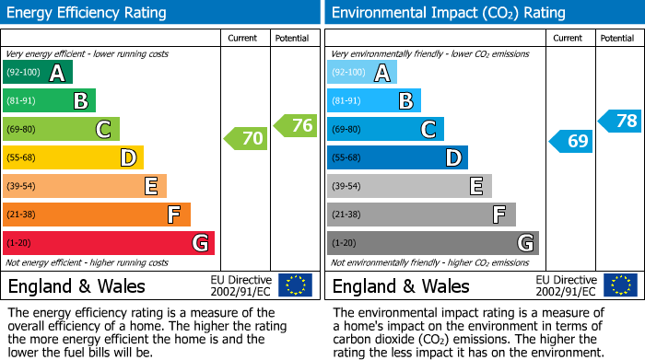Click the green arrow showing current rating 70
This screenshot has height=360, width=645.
point(246,139)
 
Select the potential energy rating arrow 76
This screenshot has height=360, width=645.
point(296,126)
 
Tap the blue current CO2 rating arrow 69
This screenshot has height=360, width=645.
point(571,141)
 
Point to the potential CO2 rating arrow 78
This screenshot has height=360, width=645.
point(620,121)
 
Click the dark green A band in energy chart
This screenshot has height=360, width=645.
point(38,73)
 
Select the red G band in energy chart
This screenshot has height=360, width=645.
point(109,243)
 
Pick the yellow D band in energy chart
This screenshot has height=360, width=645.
point(73,158)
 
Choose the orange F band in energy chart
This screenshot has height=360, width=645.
point(97,215)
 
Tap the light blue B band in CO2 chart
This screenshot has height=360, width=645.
point(374,101)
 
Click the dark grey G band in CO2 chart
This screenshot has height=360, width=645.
point(433,243)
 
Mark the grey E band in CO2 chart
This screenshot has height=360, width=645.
point(409,186)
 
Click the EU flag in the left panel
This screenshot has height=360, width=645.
point(295,285)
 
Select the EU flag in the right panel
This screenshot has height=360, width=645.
point(619,285)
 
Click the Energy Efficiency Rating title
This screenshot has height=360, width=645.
point(88,13)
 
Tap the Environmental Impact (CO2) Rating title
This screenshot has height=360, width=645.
point(448,13)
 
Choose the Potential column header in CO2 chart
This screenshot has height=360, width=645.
point(617,38)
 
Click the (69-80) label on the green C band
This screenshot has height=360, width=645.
point(23,130)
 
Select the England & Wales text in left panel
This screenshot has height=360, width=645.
point(76,286)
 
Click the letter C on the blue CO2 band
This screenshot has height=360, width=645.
point(428,130)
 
